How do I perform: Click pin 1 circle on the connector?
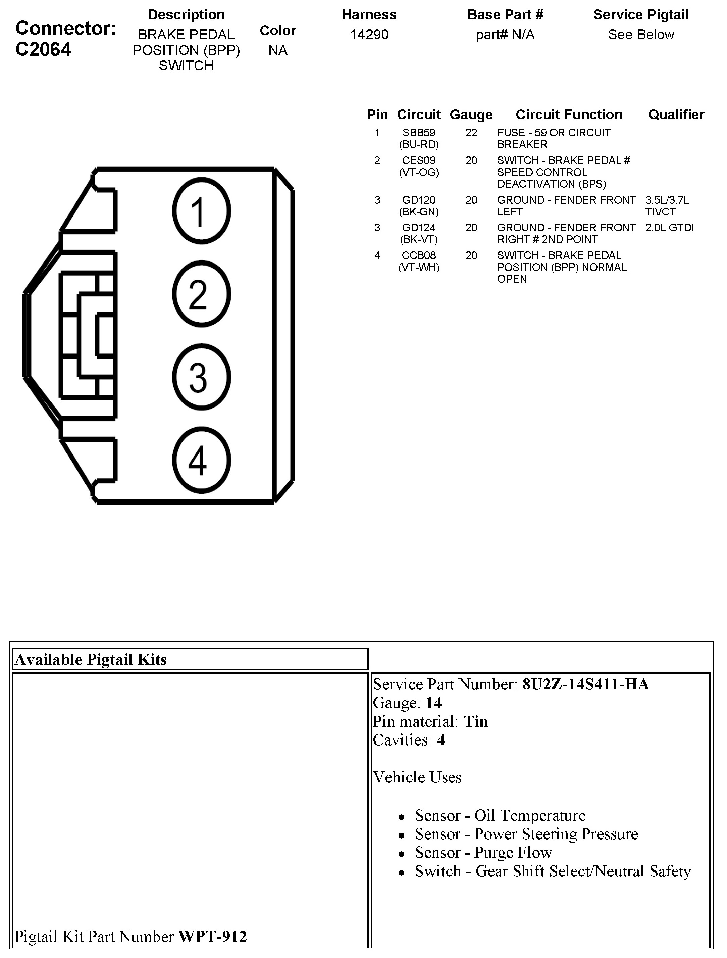click(201, 211)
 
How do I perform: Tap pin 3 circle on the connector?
click(201, 377)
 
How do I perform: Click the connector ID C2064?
click(43, 49)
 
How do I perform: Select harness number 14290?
click(369, 35)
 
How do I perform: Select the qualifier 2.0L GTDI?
click(669, 228)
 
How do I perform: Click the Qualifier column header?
click(676, 115)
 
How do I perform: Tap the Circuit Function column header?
click(569, 115)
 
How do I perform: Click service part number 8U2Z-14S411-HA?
click(585, 684)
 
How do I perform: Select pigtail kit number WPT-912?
click(212, 936)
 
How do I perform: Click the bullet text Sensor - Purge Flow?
click(483, 852)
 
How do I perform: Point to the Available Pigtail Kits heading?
click(91, 659)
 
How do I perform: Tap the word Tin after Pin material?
click(476, 722)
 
